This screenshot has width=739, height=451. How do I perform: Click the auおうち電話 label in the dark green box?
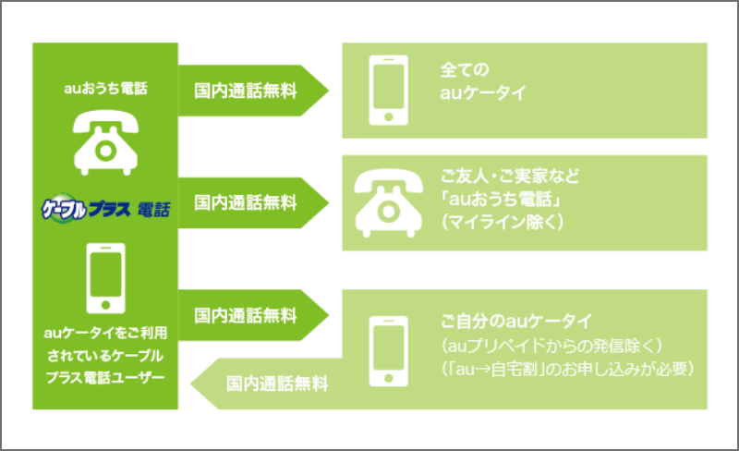[x=106, y=90]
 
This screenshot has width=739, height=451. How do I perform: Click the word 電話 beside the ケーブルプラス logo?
[x=153, y=209]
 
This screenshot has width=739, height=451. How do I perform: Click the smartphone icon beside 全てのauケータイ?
[x=388, y=91]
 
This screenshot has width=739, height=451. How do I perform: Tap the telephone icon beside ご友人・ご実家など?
[x=388, y=201]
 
